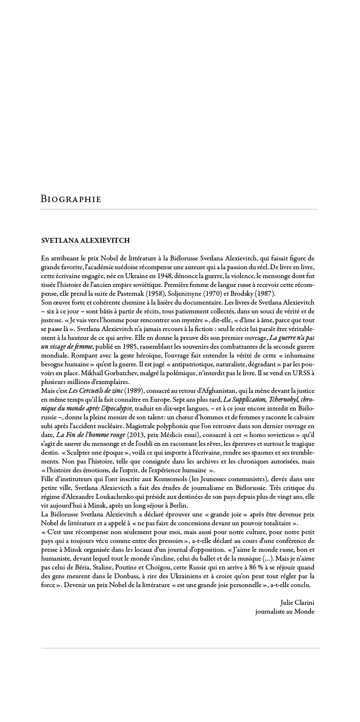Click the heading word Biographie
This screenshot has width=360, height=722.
(x=71, y=199)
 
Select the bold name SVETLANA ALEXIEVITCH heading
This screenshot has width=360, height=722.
(x=85, y=240)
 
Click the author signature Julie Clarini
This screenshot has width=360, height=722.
(x=297, y=602)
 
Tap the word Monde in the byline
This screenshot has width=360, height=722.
(x=304, y=611)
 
